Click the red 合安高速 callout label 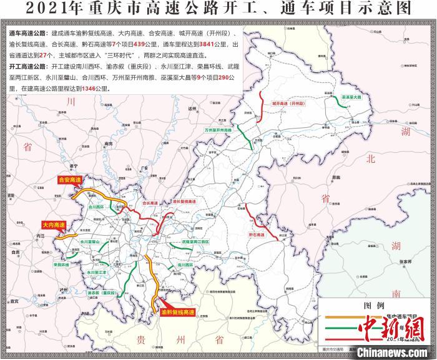coord(69,179)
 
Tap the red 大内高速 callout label coord(54,224)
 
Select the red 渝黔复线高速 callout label coord(178,311)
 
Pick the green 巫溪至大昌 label coord(352,97)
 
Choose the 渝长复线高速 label coord(184,202)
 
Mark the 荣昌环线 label coord(62,264)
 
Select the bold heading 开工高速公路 coord(30,66)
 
